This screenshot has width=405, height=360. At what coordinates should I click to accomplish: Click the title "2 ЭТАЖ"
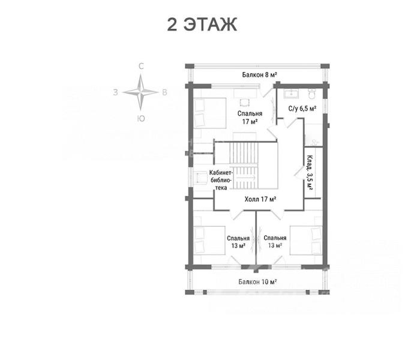point(202,25)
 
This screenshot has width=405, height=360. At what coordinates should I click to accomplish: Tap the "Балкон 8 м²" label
point(260,74)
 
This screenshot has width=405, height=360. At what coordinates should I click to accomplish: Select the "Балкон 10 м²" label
point(257,281)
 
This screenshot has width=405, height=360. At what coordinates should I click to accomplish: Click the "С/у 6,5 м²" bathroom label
point(302,109)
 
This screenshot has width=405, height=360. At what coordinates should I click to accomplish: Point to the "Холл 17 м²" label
point(260,199)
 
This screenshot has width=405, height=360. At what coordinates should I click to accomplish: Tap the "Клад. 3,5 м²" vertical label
point(310,173)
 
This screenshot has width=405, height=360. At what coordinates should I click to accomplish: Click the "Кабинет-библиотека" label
point(221,180)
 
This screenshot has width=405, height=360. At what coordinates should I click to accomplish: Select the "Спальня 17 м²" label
point(250,117)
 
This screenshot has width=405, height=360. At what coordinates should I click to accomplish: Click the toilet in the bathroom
point(312,94)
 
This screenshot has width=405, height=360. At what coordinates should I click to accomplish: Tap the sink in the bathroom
point(291,94)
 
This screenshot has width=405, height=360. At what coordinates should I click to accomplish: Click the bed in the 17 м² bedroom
point(210,113)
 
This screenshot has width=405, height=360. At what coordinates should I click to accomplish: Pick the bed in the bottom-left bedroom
point(209,241)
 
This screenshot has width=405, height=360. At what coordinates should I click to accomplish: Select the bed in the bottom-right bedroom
point(306,241)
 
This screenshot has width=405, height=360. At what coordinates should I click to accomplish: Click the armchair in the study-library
point(202,178)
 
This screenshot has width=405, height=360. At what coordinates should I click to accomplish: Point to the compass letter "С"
point(141,67)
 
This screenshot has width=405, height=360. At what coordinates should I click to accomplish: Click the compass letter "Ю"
point(141,119)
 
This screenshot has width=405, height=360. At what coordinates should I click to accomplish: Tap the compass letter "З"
point(115,92)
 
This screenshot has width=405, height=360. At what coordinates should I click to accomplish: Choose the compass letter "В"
point(164,92)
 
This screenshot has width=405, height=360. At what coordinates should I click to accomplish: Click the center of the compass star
point(140,92)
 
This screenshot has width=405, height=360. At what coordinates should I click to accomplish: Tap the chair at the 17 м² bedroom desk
point(245,103)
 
